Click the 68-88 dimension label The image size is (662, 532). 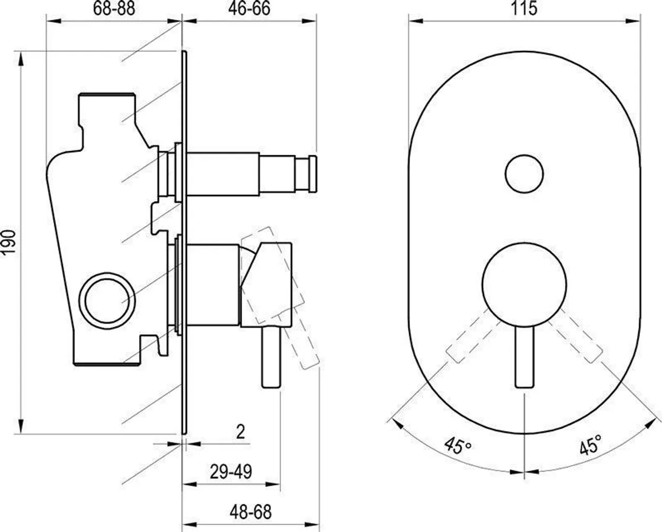[114, 8]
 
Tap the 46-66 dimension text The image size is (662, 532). [249, 8]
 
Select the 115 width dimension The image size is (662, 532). [524, 8]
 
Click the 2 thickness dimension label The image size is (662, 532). [240, 432]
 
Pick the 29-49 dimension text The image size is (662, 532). [231, 471]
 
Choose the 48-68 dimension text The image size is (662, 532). [251, 513]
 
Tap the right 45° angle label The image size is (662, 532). [590, 445]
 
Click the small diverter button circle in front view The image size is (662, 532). [524, 174]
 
